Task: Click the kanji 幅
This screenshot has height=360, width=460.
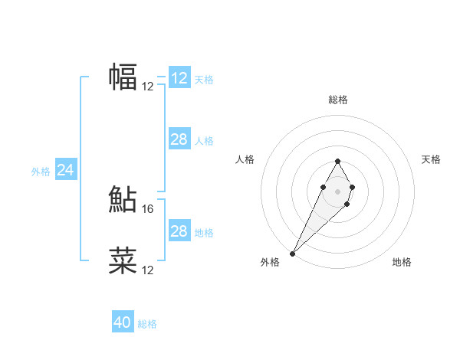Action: pos(123,77)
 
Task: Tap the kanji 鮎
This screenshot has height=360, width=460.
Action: pos(123,199)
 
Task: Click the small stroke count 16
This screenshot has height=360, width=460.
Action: pos(149,208)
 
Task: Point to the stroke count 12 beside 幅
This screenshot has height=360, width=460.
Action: pos(148,87)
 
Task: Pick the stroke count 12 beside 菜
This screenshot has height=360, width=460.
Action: pos(148,270)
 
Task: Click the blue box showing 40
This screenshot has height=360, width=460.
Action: pos(123,322)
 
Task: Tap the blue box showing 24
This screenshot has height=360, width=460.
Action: pos(66,170)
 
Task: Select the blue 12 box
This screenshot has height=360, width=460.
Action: pos(179,78)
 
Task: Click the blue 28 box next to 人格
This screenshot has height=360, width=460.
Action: pos(179,139)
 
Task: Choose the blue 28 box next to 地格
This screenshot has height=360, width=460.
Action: pos(179,231)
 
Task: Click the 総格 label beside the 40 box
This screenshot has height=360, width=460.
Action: pos(147,324)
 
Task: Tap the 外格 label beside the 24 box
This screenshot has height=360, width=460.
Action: pos(41,172)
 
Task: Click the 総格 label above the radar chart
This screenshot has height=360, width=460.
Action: pos(338,100)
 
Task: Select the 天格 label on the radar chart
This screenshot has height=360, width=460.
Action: pos(432,159)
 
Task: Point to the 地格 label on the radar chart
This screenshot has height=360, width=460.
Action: pos(402,263)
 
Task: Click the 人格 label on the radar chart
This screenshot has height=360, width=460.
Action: pos(245,159)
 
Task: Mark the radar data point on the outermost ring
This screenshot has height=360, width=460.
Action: pos(292,253)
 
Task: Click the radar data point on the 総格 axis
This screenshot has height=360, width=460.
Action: pos(337,161)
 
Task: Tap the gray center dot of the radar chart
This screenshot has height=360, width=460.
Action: pos(337,191)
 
